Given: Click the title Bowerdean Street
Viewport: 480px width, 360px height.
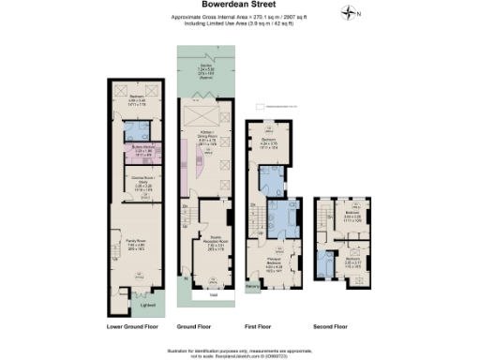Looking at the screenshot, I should click(239, 6).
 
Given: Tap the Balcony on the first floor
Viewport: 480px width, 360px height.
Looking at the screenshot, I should click(252, 286).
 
